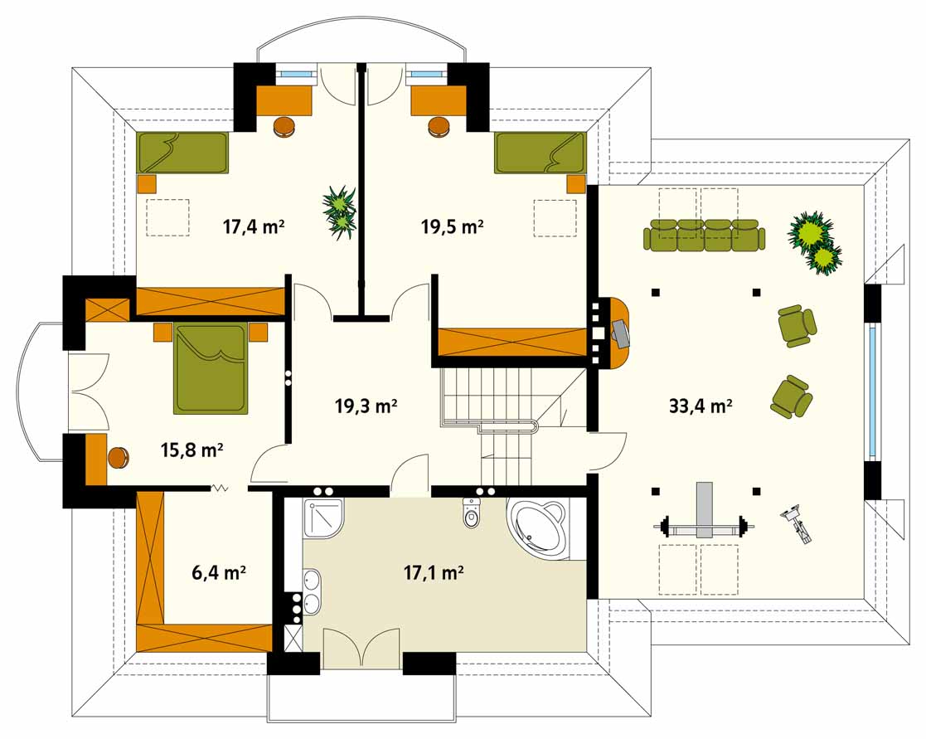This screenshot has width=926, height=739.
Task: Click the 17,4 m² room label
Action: pos(254,226)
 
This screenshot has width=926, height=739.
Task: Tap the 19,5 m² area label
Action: pos(453,226)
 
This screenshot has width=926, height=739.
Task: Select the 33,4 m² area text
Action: pos(701,406)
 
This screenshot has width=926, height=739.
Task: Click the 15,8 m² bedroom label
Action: pos(192,450)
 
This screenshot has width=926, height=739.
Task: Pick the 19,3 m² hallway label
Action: pos(366,406)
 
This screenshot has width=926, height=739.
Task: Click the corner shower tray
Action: pos(323,518)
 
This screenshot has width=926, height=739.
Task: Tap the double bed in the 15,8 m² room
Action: pos(211,368)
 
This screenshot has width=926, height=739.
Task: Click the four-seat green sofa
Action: pos(705,235)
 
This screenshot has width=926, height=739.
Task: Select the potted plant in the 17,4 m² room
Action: pos(340,211)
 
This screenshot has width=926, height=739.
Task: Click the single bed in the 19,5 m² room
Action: pos(541,153)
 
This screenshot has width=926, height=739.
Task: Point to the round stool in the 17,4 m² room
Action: pos(284,126)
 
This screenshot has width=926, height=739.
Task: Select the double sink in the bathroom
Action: pos(312,592)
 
